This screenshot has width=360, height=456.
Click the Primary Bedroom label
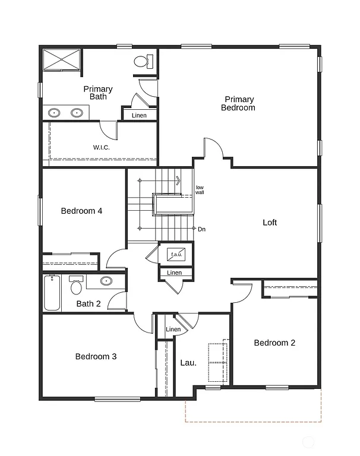[x=238, y=103]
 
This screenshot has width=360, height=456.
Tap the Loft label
[x=270, y=223]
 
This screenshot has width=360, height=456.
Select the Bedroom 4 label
[x=82, y=210]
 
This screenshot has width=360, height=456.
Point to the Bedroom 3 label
[x=96, y=356]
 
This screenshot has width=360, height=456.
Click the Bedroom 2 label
[x=274, y=343]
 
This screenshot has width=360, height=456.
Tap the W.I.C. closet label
[x=101, y=147]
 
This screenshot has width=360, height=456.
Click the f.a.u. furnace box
[x=176, y=254]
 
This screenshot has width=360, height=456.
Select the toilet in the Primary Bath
[x=143, y=61]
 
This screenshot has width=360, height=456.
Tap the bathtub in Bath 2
[x=52, y=293]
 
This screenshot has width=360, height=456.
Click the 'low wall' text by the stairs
[x=200, y=190]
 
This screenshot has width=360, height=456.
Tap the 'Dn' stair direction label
[x=202, y=229]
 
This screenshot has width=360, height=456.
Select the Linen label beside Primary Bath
[x=139, y=115]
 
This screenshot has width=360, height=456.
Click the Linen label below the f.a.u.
[x=174, y=273]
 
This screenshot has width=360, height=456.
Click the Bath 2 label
[x=88, y=304]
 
